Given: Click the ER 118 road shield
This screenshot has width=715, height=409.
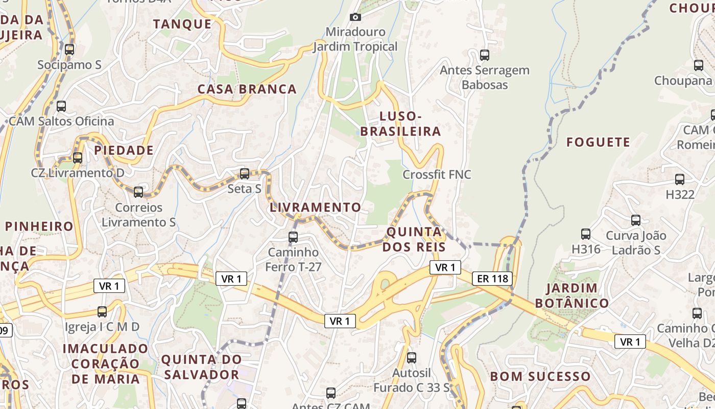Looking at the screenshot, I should coord(492,279).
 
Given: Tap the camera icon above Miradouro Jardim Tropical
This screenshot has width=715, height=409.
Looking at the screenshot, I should coord(355,17).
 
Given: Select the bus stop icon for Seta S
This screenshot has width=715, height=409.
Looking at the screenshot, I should coord(245,174).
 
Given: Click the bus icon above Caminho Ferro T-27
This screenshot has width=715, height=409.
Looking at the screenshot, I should coord(293,237).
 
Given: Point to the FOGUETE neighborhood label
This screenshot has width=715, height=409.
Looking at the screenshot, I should coord(598,142).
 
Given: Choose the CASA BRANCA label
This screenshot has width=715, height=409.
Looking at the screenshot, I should coord(247,89).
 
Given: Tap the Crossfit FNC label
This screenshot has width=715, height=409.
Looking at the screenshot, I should coord(437,174).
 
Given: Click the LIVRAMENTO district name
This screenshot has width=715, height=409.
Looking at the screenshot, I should coord(315,208).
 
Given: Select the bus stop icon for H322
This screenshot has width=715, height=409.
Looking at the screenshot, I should coord(680,179).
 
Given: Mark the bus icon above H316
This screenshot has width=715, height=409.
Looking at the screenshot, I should coord(586,234).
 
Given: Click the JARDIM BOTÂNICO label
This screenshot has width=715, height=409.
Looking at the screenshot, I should coord(572,296).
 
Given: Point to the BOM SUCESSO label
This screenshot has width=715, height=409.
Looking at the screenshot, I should coord(540,377).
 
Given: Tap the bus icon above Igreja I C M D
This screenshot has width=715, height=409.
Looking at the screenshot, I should coord(102,311).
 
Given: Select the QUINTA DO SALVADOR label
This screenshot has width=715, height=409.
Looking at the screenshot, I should coord(201,367).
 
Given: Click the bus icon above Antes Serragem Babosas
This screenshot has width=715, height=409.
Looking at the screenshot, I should coord(485,55).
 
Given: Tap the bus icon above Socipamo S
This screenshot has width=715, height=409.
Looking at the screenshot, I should coord(69,50).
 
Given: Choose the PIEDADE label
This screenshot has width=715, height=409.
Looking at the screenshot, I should coord(124,150).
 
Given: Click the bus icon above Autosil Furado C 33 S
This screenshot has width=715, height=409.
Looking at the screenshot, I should coord(412,358).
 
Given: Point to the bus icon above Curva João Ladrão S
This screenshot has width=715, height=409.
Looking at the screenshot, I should coord(636,220).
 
